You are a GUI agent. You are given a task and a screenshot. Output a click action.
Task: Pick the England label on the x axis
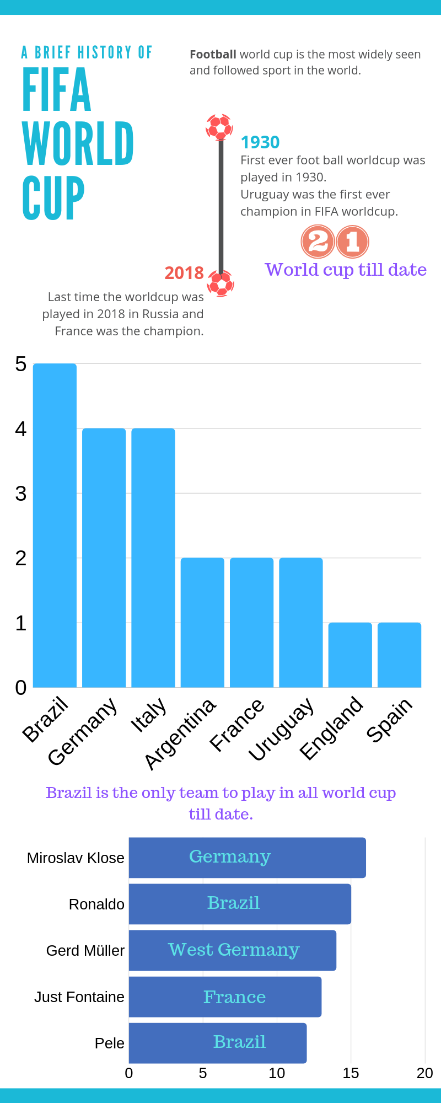332,728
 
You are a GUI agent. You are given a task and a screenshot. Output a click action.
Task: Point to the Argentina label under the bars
181,733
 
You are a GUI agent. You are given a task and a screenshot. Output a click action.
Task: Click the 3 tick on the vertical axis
21,494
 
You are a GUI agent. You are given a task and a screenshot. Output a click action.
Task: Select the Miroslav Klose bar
247,858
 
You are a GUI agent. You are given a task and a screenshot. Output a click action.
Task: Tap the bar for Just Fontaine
225,997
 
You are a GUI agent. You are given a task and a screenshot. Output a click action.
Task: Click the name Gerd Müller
85,951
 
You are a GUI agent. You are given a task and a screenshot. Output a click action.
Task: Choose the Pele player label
109,1043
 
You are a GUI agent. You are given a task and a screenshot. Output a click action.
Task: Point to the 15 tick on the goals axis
351,1073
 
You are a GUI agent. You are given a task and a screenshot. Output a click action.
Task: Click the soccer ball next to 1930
219,127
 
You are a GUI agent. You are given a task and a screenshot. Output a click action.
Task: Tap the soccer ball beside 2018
220,283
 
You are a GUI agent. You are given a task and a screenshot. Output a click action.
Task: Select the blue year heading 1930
260,142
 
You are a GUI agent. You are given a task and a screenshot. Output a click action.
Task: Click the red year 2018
184,273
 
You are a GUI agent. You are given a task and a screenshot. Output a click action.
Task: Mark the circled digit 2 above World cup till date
318,242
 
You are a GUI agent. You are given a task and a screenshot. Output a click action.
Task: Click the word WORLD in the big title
78,143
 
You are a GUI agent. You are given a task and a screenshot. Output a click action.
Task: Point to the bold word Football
213,55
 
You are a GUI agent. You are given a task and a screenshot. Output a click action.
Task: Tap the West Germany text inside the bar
234,950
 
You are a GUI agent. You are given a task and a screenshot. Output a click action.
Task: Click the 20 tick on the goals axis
424,1073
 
